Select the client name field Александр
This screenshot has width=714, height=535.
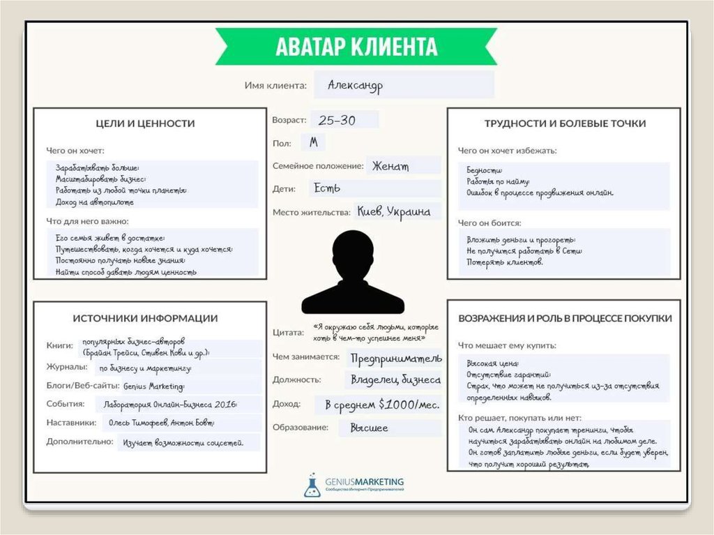356,86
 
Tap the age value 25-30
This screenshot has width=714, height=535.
337,120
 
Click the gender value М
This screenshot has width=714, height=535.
313,142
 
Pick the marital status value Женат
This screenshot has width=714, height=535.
390,166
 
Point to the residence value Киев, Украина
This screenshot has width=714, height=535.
393,211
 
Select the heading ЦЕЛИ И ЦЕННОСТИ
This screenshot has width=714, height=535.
145,123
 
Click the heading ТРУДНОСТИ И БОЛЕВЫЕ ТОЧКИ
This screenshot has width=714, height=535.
565,123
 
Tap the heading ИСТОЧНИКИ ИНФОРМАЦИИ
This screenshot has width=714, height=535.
145,318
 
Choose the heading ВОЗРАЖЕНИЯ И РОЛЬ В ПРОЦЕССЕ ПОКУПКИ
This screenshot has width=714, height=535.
565,318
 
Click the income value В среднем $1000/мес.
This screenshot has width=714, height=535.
378,405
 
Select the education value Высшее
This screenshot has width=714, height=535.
369,428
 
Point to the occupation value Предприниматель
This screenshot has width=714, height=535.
395,358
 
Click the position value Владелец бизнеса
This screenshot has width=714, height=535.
395,380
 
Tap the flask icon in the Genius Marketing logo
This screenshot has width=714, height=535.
312,485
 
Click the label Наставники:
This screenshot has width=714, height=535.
71,422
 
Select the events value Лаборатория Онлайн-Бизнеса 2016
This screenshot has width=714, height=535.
170,404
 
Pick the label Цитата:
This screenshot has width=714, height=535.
288,333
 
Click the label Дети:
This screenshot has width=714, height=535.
284,189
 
